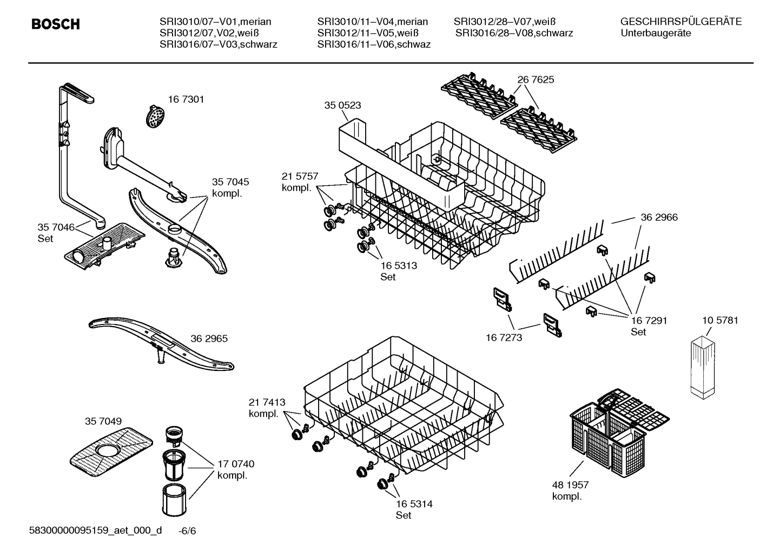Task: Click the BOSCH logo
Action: tap(56, 24)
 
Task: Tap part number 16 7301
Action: tap(186, 99)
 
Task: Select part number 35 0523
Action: tap(342, 105)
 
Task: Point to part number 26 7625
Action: tap(536, 79)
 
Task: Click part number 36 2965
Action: tap(209, 339)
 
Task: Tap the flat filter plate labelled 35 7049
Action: tap(110, 448)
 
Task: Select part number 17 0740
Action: tap(235, 464)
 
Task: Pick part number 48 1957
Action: tap(570, 485)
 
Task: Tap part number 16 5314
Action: tap(414, 504)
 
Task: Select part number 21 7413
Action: tap(267, 402)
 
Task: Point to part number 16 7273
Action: tap(504, 337)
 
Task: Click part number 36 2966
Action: tap(659, 217)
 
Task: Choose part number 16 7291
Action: tap(649, 320)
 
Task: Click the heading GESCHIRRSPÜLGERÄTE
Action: tap(680, 22)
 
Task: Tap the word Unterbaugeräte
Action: tap(655, 33)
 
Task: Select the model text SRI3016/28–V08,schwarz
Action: tap(514, 33)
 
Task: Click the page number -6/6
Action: tap(187, 531)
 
